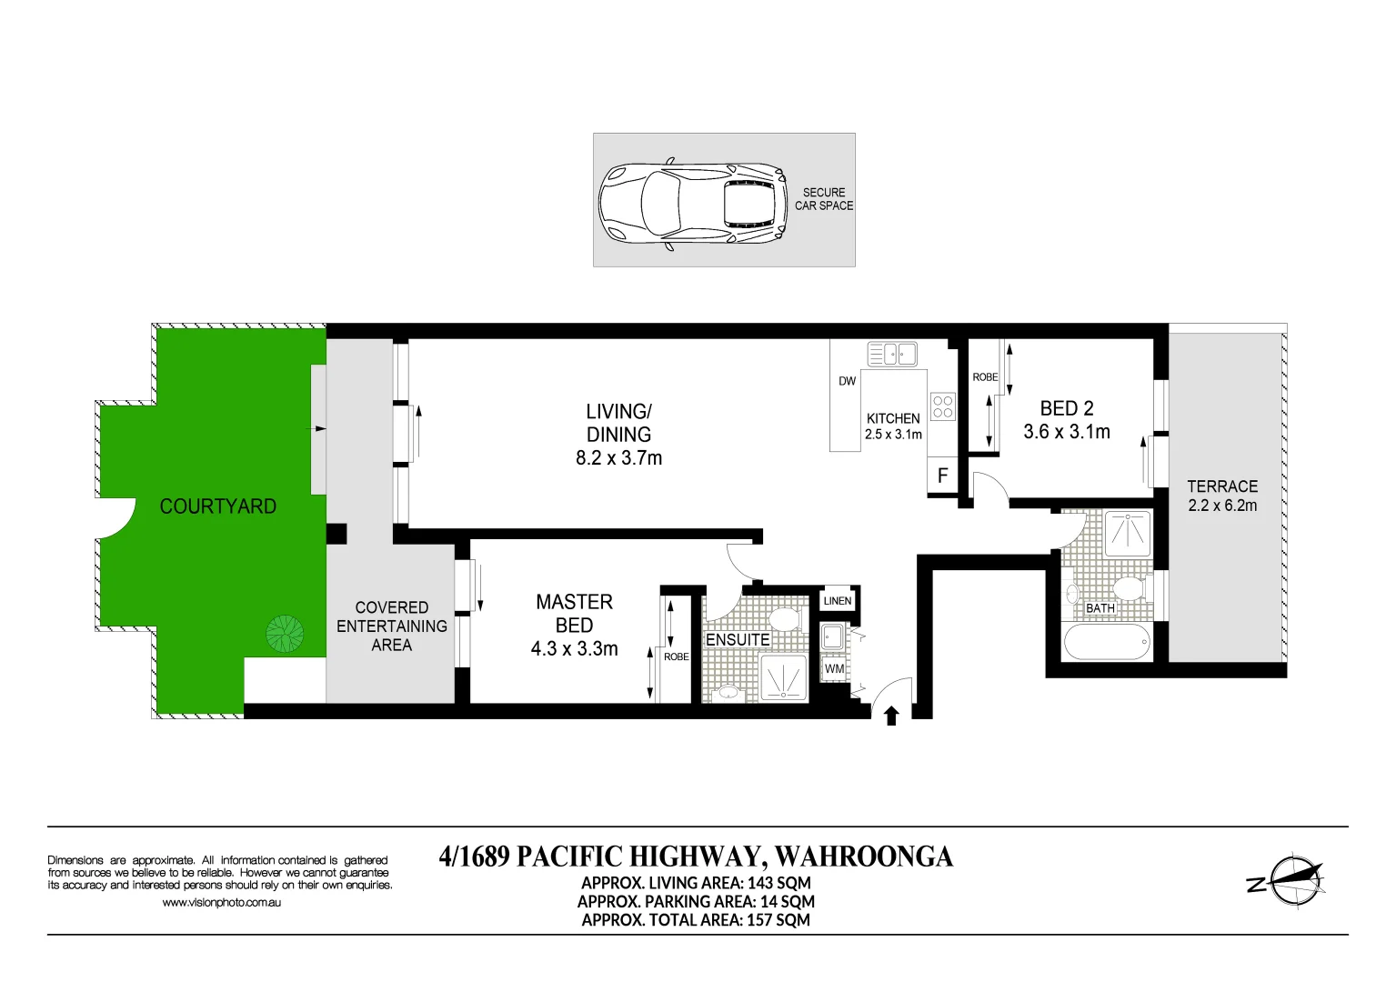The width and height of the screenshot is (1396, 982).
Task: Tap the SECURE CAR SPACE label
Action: tap(824, 199)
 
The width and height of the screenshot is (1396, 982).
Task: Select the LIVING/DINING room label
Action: tap(618, 423)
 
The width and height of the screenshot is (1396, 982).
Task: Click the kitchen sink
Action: tap(892, 354)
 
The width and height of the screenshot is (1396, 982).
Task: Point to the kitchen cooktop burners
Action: tap(943, 406)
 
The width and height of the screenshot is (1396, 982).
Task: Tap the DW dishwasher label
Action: tap(847, 381)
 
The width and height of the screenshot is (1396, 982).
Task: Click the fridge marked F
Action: tap(942, 476)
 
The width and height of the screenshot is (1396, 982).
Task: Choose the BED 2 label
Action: tap(1067, 408)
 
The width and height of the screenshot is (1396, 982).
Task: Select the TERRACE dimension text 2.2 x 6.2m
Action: tap(1222, 506)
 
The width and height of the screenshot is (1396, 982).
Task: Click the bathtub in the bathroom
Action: tap(1106, 642)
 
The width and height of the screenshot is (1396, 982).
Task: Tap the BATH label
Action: tap(1100, 608)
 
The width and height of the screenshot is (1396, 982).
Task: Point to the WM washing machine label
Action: tap(834, 668)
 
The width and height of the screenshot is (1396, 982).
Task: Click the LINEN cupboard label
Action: tap(837, 601)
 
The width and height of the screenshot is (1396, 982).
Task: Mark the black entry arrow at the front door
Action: tap(891, 716)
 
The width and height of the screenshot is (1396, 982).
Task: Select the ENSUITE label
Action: tap(738, 640)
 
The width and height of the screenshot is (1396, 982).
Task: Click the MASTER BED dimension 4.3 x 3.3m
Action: tap(574, 649)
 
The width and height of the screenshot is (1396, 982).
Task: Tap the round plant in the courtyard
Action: tap(285, 634)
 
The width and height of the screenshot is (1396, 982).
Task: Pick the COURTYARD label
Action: tap(218, 506)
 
